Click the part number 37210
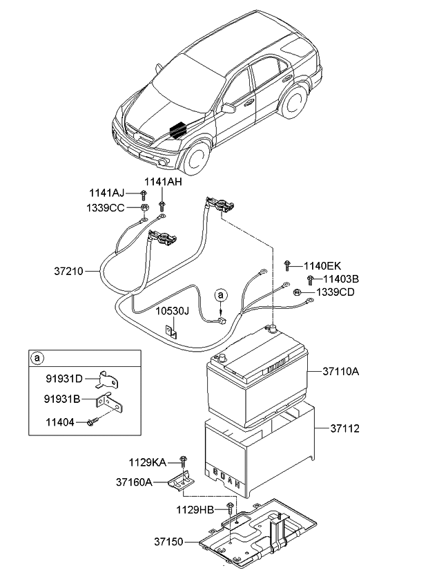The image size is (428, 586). [x=69, y=271]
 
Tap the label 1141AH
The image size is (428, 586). [x=163, y=182]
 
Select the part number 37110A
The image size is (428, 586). [x=341, y=372]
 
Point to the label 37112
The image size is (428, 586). [x=344, y=428]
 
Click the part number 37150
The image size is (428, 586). [x=169, y=541]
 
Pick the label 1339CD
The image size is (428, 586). [x=335, y=292]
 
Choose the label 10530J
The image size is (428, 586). [x=172, y=311]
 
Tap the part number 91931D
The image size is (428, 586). [x=64, y=379]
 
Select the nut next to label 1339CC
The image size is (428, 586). [x=144, y=207]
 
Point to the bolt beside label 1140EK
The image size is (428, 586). [x=287, y=265]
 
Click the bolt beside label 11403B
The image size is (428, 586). [x=310, y=280]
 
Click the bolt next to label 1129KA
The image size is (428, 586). [x=183, y=461]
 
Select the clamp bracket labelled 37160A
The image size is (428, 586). [x=181, y=481]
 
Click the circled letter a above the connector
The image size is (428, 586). [x=221, y=295]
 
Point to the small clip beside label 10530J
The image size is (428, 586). [x=171, y=332]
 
